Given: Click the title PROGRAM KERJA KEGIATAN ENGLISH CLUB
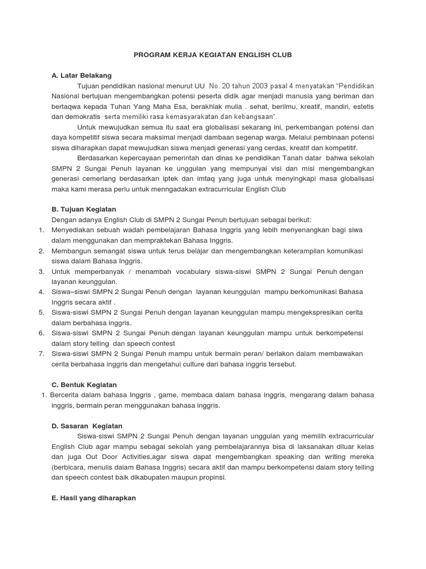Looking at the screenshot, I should tap(212, 56).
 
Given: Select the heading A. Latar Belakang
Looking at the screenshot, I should tap(81, 75).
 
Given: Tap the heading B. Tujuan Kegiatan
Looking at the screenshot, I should tap(83, 209).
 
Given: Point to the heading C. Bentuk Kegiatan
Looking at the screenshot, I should tap(84, 385).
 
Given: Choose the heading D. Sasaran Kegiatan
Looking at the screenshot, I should tap(84, 425).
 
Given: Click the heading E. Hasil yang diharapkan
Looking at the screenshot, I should tap(93, 498).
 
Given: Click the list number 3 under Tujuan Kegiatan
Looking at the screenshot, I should tap(41, 272).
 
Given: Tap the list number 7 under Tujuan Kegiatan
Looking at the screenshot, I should tap(41, 353).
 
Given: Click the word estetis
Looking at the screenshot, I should tap(363, 106).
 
